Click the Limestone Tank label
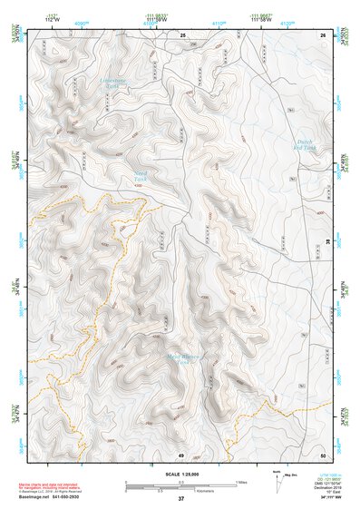pyautogui.click(x=114, y=84)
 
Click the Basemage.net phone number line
pyautogui.click(x=64, y=497)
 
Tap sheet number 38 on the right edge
pyautogui.click(x=326, y=240)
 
